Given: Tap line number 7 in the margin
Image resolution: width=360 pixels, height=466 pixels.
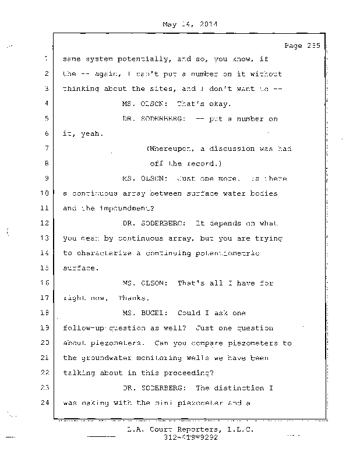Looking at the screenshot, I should coord(45,149).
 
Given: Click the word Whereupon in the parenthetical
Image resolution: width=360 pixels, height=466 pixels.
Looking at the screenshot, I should coord(170,149).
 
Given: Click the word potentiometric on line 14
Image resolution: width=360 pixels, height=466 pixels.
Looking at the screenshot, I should coord(231,253).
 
